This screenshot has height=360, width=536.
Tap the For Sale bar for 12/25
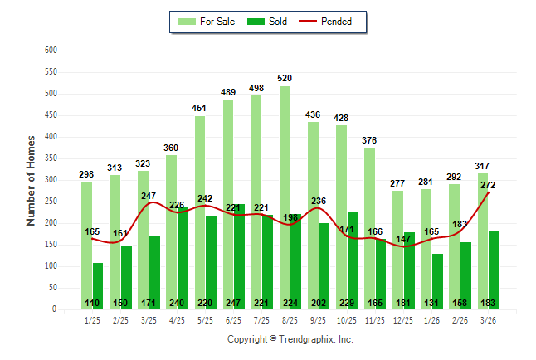[397, 250]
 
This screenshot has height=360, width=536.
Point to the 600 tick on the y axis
[51, 51]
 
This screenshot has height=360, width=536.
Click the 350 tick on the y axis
[51, 158]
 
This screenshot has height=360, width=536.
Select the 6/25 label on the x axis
[233, 320]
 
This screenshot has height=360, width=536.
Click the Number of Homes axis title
[32, 180]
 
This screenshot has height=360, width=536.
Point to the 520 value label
[285, 79]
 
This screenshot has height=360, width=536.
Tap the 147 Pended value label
[403, 239]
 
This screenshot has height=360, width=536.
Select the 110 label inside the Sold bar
[92, 303]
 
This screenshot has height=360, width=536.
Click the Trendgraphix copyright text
[290, 339]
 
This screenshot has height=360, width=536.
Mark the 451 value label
[199, 108]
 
